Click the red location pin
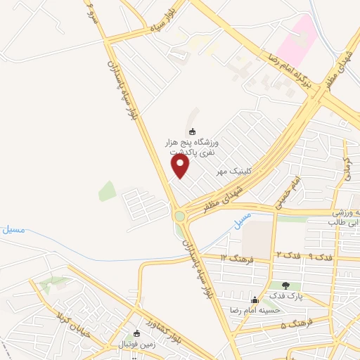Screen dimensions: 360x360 pos(181,165)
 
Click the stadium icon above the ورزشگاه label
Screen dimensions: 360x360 pos(192,131)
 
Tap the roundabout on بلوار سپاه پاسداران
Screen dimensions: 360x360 pos(181,216)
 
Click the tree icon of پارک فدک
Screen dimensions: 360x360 pos(285,285)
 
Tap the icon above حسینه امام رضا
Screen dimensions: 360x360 pos(254,300)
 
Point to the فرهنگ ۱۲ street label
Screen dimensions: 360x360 pos(233,258)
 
